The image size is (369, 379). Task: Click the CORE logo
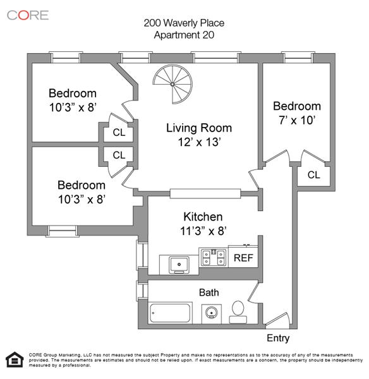pyautogui.click(x=28, y=15)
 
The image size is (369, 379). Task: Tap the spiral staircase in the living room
pyautogui.click(x=172, y=84)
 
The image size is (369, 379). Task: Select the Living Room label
pyautogui.click(x=199, y=128)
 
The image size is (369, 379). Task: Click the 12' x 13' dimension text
pyautogui.click(x=199, y=142)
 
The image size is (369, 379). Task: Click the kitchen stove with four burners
pyautogui.click(x=214, y=257)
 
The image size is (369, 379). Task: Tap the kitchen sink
pyautogui.click(x=179, y=265)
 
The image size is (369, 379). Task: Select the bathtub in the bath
pyautogui.click(x=170, y=313)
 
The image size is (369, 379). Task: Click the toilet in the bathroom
pyautogui.click(x=238, y=312)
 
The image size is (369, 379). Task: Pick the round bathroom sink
pyautogui.click(x=212, y=313)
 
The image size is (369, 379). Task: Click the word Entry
pyautogui.click(x=278, y=338)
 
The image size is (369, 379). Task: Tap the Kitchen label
pyautogui.click(x=203, y=217)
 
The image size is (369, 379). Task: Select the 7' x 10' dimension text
pyautogui.click(x=297, y=120)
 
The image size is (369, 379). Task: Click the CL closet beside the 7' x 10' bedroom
pyautogui.click(x=313, y=174)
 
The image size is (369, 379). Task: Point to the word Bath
pyautogui.click(x=209, y=292)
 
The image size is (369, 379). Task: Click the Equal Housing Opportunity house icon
pyautogui.click(x=15, y=359)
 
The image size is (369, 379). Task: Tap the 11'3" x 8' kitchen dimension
pyautogui.click(x=203, y=231)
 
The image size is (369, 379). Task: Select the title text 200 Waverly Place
pyautogui.click(x=184, y=23)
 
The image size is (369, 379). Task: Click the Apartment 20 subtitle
pyautogui.click(x=184, y=35)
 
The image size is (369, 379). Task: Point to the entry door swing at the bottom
pyautogui.click(x=277, y=318)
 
